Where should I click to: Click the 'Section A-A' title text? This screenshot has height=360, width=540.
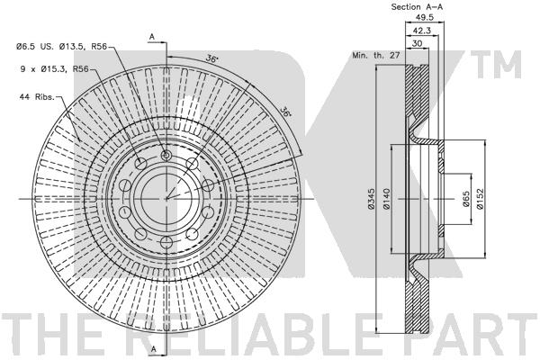tap(417, 6)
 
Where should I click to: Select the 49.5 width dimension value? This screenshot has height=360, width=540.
tap(424, 17)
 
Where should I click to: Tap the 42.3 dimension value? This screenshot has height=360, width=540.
tap(422, 31)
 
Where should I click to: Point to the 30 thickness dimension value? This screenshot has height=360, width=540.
tap(417, 43)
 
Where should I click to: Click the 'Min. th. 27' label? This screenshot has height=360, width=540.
tap(375, 55)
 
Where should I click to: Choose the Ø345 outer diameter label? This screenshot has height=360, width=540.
tap(371, 198)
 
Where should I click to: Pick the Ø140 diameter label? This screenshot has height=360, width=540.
tap(386, 198)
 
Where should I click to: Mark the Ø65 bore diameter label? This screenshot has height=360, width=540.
tap(466, 199)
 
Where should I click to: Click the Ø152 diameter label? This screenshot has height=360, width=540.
tap(481, 198)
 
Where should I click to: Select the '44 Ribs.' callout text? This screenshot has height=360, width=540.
tap(37, 97)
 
